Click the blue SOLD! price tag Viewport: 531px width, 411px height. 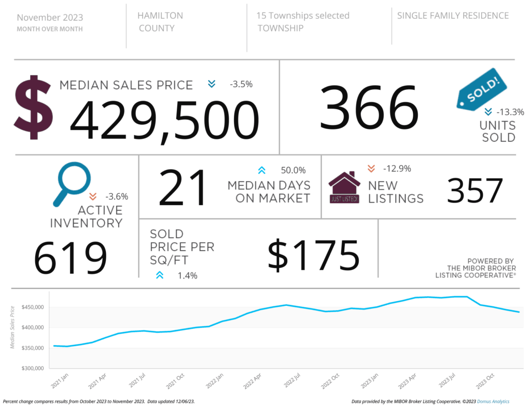pos(480,89)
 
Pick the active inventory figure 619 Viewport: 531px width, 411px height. pos(71,257)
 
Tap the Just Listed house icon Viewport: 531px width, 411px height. pos(345,188)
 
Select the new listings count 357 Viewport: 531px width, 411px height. pos(475,191)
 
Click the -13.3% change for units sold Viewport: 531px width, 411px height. pos(510,112)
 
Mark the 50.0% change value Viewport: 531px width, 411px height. pos(293,170)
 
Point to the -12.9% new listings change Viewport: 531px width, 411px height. pos(397,168)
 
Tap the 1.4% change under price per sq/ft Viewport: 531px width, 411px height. pos(187,276)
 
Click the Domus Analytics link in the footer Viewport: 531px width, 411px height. pos(493,402)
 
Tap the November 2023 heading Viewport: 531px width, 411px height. pos(50,17)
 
